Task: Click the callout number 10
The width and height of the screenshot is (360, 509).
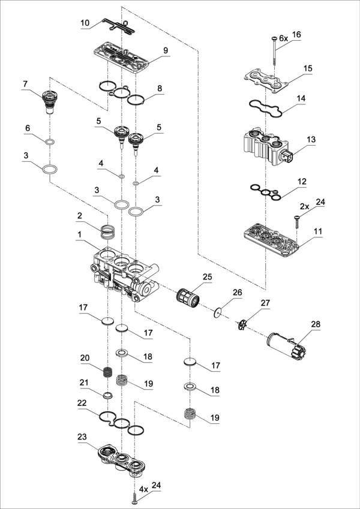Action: pyautogui.click(x=85, y=23)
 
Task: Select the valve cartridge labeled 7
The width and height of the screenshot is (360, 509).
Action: pyautogui.click(x=49, y=101)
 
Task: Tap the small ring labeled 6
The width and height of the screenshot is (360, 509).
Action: pyautogui.click(x=50, y=142)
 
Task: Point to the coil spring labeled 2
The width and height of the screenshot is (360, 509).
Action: pyautogui.click(x=108, y=232)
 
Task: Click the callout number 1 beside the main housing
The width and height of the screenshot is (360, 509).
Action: pyautogui.click(x=80, y=234)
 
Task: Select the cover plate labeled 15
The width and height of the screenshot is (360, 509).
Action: pyautogui.click(x=266, y=79)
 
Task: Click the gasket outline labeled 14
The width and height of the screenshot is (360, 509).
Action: pyautogui.click(x=265, y=107)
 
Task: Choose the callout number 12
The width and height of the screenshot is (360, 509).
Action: pyautogui.click(x=302, y=182)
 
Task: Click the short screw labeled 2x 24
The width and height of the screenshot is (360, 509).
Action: pyautogui.click(x=296, y=221)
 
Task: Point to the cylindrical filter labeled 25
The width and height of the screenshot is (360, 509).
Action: pyautogui.click(x=189, y=297)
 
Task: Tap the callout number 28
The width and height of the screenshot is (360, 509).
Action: pyautogui.click(x=316, y=324)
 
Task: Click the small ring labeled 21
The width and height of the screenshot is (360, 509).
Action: pyautogui.click(x=107, y=395)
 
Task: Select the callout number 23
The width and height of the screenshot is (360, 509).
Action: pyautogui.click(x=82, y=437)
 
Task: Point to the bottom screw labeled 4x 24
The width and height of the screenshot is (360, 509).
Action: pyautogui.click(x=135, y=499)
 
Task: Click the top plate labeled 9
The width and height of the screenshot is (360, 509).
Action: pyautogui.click(x=121, y=57)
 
